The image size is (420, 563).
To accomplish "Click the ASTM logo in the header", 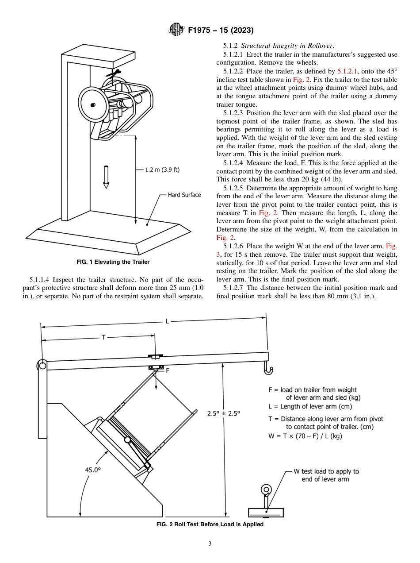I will (x=176, y=30).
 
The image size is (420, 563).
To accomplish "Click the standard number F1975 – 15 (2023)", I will (x=221, y=31).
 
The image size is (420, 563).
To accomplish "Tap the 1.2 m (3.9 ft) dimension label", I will (x=162, y=170).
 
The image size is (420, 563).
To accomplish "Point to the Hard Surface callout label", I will (x=184, y=195).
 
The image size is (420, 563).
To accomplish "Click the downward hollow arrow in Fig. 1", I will (x=106, y=177).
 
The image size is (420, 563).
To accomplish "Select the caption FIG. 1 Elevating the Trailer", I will (x=113, y=262).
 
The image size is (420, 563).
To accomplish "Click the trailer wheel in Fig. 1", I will (x=94, y=104).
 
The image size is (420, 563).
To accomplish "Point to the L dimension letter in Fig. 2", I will (x=167, y=321).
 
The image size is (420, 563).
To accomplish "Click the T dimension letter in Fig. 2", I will (x=103, y=337).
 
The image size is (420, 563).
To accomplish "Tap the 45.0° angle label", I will (x=93, y=470).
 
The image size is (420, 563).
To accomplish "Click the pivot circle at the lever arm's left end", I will (x=42, y=365).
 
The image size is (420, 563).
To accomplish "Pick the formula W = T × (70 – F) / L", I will (x=305, y=436).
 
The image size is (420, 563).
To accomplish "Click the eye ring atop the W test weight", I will (x=266, y=490).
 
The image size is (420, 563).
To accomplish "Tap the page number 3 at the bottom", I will (x=210, y=544).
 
